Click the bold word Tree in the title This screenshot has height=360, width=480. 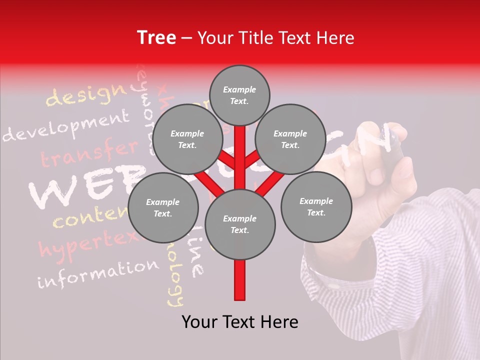coord(156,38)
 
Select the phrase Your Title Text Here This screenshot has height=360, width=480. coord(276,38)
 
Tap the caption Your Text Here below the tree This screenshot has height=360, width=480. coord(240,322)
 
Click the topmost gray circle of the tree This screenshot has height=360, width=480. coord(239,95)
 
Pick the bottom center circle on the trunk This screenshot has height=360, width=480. coord(240,224)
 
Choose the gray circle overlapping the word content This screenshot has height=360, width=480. coord(162,208)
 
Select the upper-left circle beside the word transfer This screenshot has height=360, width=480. coord(187,139)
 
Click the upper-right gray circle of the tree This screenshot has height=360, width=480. coord(290,139)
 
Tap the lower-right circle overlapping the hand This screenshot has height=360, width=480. coord(316,206)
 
